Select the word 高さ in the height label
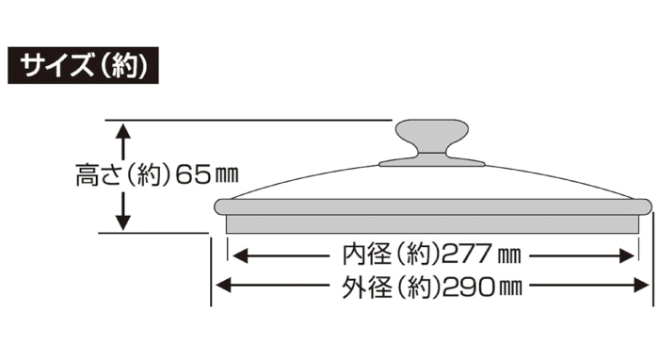click(x=95, y=175)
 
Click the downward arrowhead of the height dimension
click(x=122, y=222)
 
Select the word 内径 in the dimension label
click(x=362, y=255)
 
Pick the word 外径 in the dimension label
click(x=362, y=285)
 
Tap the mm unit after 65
click(x=226, y=176)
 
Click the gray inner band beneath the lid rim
click(x=433, y=224)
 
